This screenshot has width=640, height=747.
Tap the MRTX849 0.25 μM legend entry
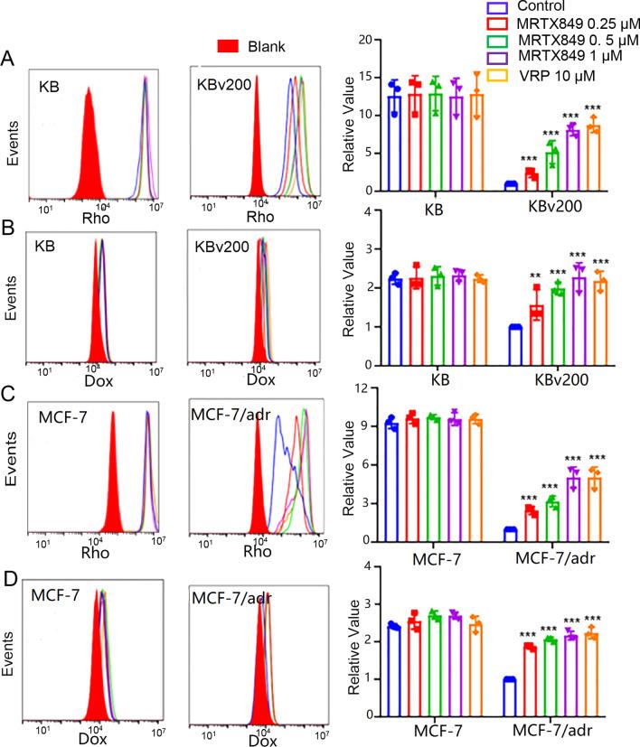pyautogui.click(x=542, y=24)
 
